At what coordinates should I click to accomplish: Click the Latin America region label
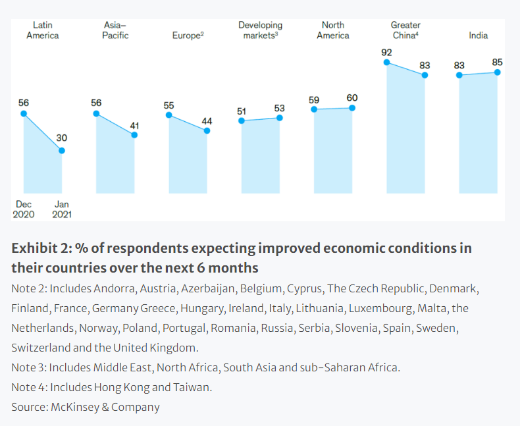pos(42,30)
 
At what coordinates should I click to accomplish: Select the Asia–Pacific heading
pos(115,30)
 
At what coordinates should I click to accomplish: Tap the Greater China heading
pos(405,30)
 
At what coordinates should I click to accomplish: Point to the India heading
pos(479,36)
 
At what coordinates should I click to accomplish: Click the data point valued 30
pos(62,151)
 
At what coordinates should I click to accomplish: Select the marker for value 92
pos(387,63)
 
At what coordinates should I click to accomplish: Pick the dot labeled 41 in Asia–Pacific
pos(134,135)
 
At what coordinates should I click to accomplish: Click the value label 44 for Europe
pos(207,121)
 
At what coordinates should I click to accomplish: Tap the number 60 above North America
pos(352,98)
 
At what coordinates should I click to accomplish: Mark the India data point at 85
pos(498,72)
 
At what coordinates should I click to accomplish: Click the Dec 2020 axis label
pos(23,209)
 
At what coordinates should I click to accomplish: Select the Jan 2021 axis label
pos(62,209)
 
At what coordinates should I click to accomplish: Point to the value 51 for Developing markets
pos(242,111)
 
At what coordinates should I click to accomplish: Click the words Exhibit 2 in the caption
pos(39,248)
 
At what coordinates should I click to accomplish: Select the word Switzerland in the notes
pos(41,347)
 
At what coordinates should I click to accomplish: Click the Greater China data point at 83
pos(425,75)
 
